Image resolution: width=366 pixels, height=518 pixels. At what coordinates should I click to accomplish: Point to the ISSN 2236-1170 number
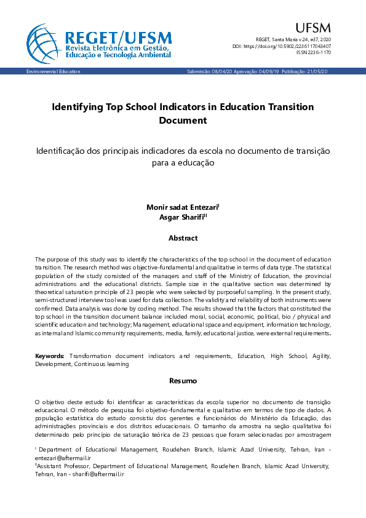(x=313, y=53)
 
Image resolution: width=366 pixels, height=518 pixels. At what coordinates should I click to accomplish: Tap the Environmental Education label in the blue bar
(x=53, y=72)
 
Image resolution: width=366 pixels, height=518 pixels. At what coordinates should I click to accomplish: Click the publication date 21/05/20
(x=317, y=72)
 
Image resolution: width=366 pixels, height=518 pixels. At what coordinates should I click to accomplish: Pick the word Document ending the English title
(x=183, y=121)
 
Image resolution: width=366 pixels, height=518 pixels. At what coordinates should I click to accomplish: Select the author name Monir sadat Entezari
(x=181, y=207)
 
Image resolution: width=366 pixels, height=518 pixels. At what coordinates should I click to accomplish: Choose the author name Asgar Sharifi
(x=181, y=217)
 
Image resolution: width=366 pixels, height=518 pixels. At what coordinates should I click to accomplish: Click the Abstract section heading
(x=183, y=238)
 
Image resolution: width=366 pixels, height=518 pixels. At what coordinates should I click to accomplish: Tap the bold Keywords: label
(x=50, y=356)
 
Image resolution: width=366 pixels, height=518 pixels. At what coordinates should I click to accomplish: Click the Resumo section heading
(x=183, y=381)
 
